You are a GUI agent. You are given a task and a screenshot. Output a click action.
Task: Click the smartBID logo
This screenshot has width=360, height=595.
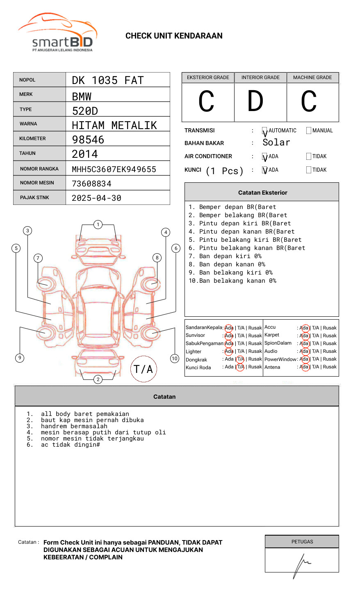(x=57, y=33)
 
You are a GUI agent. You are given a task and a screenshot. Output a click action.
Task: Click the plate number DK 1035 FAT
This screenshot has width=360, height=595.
(x=108, y=80)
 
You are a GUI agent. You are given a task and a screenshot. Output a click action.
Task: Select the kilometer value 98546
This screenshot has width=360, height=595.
(x=88, y=140)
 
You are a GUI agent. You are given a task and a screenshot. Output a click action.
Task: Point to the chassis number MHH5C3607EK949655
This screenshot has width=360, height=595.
(x=114, y=169)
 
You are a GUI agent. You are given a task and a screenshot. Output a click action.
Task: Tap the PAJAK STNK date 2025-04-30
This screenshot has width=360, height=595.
(x=96, y=198)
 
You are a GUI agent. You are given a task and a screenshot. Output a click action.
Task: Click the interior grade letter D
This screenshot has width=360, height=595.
(x=255, y=101)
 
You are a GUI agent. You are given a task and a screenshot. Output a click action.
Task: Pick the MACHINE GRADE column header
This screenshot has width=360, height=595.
(x=312, y=77)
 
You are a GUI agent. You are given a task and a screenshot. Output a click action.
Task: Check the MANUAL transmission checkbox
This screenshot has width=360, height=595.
(x=309, y=131)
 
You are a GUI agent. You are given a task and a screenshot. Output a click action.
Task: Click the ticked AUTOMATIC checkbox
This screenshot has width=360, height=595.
(x=265, y=131)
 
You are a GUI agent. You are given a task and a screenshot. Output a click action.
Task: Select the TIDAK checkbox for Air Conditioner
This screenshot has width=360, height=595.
(x=309, y=157)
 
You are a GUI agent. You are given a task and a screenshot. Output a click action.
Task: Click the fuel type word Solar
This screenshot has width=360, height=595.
(x=276, y=143)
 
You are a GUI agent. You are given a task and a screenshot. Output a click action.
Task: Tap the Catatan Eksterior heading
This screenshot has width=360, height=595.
(x=262, y=193)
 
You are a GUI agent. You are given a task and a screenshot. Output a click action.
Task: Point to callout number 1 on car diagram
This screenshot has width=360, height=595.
(x=98, y=225)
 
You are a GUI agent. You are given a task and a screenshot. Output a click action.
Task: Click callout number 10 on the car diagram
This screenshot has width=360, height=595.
(x=175, y=359)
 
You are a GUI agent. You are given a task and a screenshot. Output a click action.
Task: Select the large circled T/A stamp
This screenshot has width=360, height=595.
(x=144, y=369)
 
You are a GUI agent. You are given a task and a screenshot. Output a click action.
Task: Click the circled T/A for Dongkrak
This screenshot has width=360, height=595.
(x=240, y=359)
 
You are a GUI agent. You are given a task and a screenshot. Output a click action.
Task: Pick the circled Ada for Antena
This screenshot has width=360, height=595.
(x=304, y=367)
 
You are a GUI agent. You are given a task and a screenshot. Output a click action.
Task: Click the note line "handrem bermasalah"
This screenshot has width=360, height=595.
(x=74, y=426)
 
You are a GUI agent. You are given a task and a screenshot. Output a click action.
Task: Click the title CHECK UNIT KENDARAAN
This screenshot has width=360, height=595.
(x=174, y=36)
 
